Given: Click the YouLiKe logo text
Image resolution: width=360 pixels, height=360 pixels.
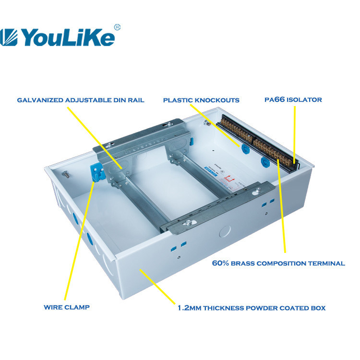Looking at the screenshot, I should click(67, 36).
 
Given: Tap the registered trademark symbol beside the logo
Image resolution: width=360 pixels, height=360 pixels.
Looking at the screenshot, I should click(118, 27).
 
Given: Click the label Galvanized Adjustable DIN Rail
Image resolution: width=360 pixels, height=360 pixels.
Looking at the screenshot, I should click(81, 100).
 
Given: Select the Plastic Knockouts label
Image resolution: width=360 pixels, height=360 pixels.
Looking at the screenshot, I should click(201, 100).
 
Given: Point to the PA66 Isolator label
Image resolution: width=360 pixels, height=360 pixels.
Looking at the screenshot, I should click(293, 100).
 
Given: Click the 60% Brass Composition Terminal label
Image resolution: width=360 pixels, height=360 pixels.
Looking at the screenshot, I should click(278, 263).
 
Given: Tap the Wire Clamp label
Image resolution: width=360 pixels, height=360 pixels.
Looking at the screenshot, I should click(66, 306).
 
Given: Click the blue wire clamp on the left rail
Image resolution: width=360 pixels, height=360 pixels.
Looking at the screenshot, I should click(97, 171).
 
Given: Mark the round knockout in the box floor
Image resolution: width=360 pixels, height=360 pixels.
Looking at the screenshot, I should click(225, 231).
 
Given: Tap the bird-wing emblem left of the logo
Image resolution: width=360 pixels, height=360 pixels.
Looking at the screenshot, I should click(10, 37).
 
